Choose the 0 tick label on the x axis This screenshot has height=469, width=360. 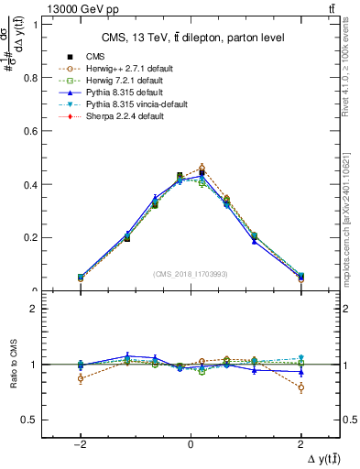pyautogui.click(x=191, y=442)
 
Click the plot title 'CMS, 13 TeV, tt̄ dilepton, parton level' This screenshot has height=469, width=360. pyautogui.click(x=191, y=37)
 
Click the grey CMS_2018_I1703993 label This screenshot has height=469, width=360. pyautogui.click(x=191, y=274)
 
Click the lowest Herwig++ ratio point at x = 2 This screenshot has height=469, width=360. pyautogui.click(x=300, y=387)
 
